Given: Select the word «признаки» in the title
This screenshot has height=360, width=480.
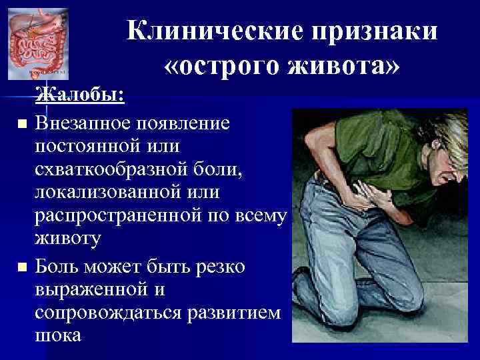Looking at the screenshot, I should [x=369, y=31].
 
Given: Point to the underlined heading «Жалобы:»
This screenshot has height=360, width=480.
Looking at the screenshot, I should [x=79, y=95].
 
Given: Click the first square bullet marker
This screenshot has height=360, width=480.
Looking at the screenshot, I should [x=22, y=124].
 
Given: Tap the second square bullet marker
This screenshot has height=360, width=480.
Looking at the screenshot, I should [x=22, y=267].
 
